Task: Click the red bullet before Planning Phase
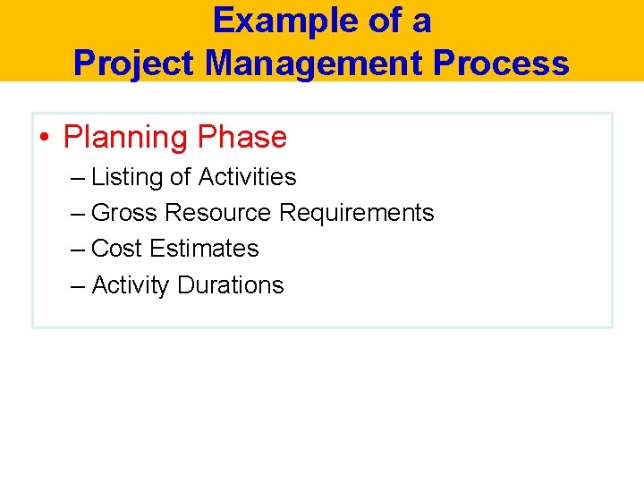click(44, 138)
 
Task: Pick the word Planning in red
click(125, 138)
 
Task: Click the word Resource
click(217, 213)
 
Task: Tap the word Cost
click(116, 249)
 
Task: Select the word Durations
click(230, 285)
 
